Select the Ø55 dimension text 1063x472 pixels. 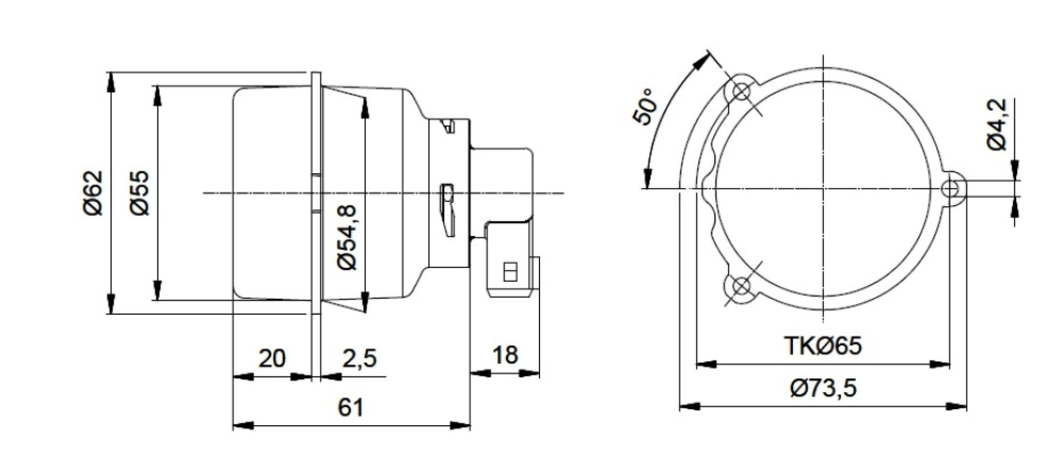(139, 193)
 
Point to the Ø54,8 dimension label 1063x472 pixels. (347, 237)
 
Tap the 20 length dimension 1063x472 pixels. (272, 358)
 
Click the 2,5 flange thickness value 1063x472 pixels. (359, 358)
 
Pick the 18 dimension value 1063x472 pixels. (505, 355)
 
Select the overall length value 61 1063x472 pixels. (351, 408)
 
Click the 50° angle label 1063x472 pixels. (644, 107)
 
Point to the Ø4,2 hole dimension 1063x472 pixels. (997, 125)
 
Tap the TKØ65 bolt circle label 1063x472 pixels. (823, 346)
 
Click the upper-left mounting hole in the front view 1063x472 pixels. (741, 92)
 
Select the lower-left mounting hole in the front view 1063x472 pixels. (741, 286)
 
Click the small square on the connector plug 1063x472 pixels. (510, 272)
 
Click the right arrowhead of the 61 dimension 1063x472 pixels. (461, 426)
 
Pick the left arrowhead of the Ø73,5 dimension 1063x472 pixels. (689, 406)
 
